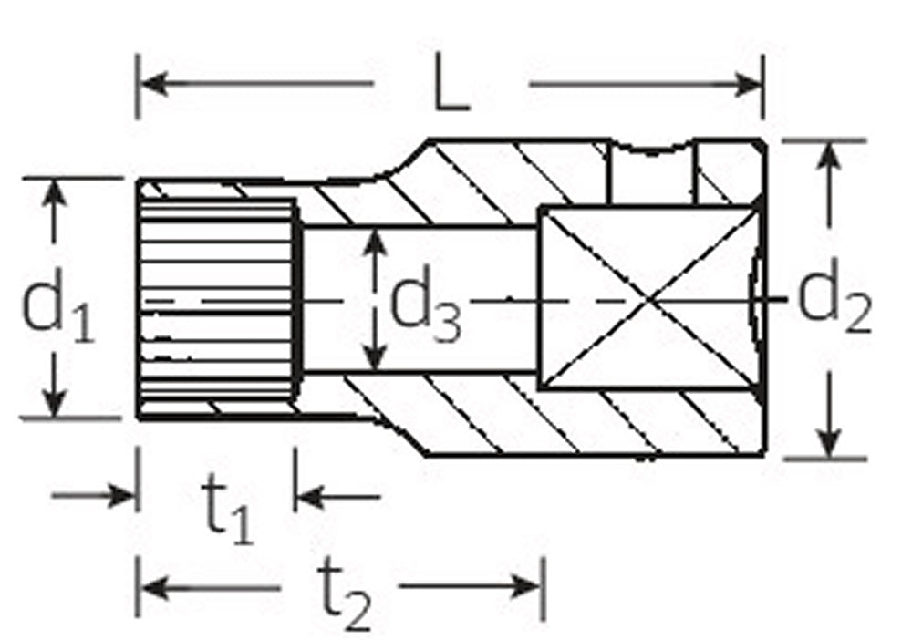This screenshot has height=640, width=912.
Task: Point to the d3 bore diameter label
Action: coord(425,309)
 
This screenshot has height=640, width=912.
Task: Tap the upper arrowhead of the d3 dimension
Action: coord(372,242)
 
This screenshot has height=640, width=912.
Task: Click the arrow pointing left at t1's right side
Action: coord(309,497)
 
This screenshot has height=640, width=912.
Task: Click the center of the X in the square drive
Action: coord(648,298)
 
